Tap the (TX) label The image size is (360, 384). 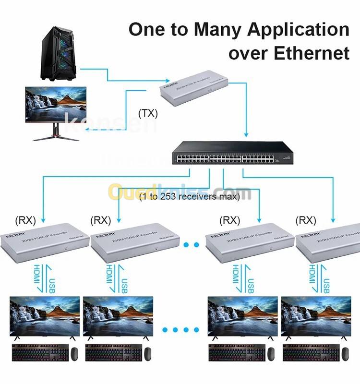[x=148, y=114]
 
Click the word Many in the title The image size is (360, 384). [x=225, y=30]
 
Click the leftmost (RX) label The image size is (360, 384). [x=25, y=220]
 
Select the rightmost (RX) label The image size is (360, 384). [x=306, y=220]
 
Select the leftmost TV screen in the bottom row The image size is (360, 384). [x=45, y=316]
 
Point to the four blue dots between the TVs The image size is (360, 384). [x=180, y=330]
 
